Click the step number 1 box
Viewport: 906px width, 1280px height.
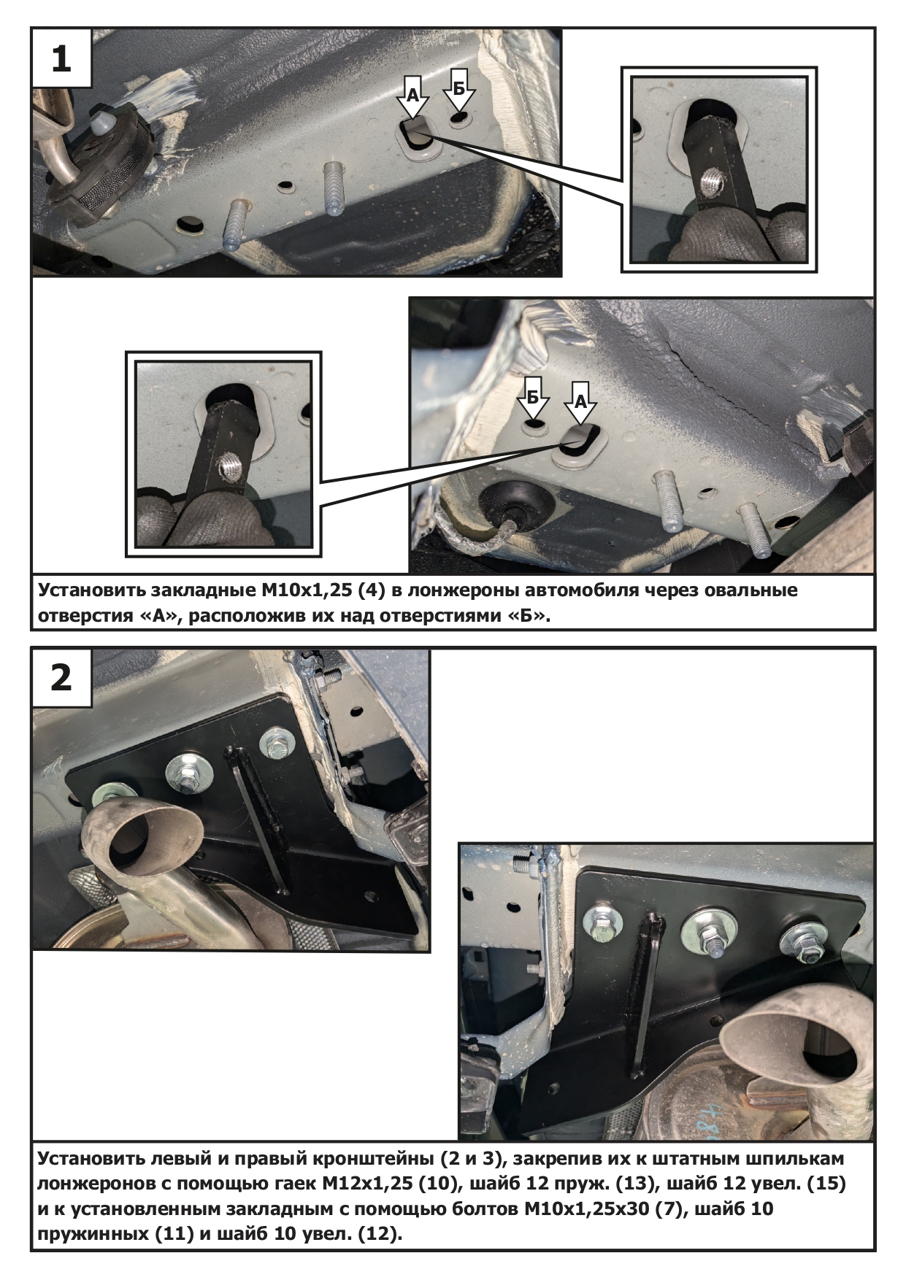(61, 58)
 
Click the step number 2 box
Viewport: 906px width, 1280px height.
(61, 677)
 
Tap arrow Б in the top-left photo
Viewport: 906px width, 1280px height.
(459, 88)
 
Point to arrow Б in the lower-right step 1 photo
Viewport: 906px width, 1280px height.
(534, 398)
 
